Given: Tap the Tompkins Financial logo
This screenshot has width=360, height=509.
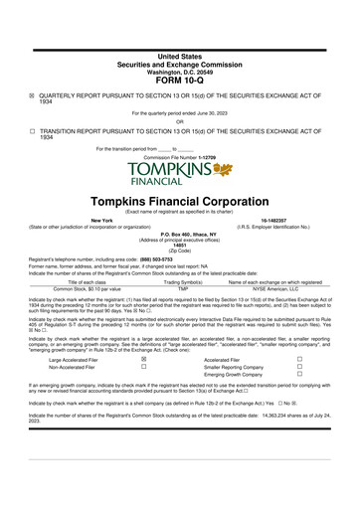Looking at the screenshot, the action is pyautogui.click(x=179, y=173).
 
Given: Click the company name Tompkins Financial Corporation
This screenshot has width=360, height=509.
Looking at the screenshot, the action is pyautogui.click(x=179, y=199).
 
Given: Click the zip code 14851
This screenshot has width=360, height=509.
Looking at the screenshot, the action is pyautogui.click(x=179, y=243).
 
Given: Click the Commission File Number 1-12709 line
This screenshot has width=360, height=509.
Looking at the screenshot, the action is pyautogui.click(x=179, y=156).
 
